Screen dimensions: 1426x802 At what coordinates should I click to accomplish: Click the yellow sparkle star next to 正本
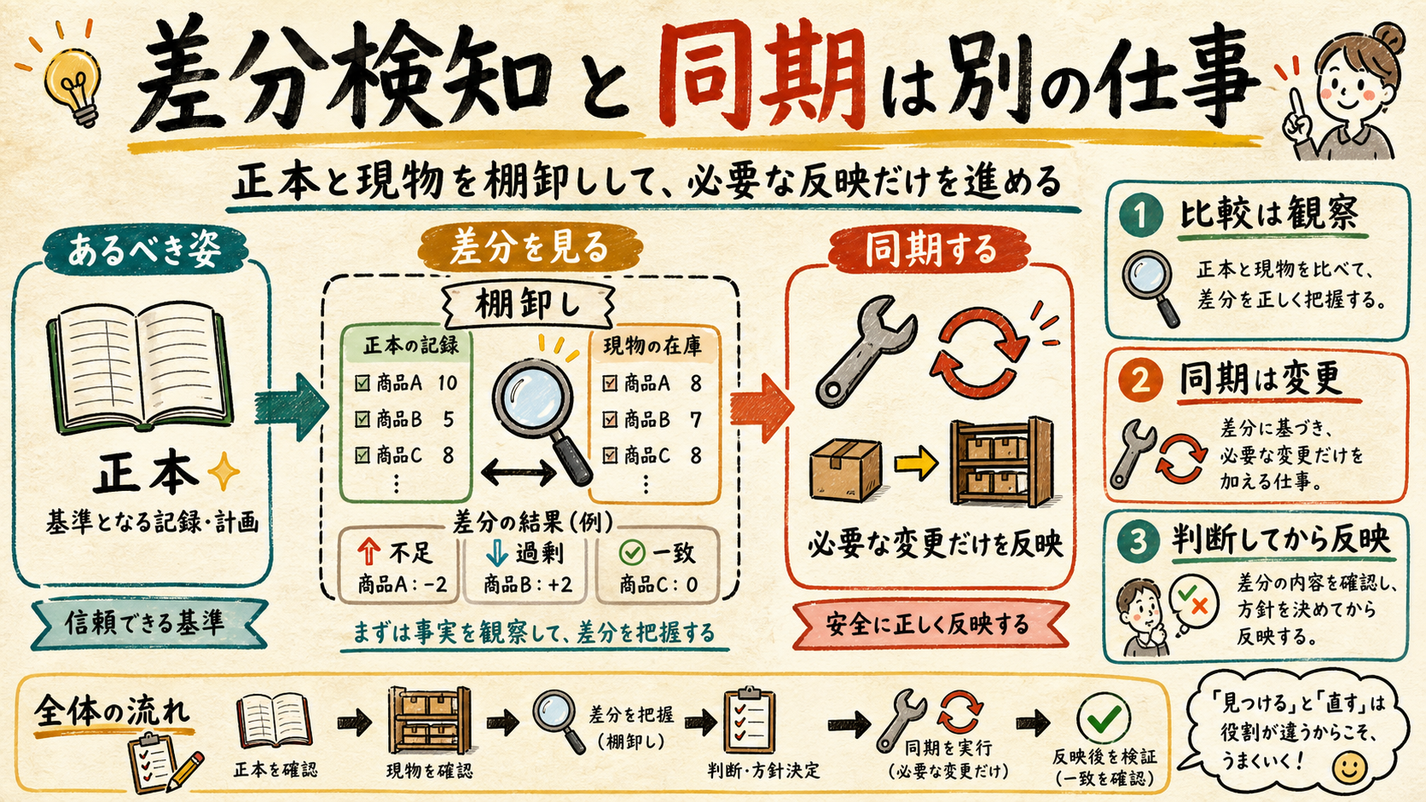[224, 471]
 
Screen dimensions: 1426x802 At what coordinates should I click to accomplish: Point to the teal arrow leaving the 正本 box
[290, 407]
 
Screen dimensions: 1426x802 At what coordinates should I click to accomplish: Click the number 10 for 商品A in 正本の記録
[447, 383]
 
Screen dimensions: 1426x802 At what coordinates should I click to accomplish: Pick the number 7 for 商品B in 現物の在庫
[695, 419]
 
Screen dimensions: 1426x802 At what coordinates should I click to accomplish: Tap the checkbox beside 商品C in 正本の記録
[362, 455]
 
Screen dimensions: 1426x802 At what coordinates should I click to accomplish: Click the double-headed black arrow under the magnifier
[519, 471]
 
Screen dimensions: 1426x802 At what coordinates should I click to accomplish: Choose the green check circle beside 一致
[632, 552]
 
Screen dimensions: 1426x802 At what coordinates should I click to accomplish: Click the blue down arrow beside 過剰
[496, 552]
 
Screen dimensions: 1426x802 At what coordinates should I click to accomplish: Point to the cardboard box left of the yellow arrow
[846, 470]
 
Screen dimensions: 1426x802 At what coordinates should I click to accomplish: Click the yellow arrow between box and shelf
[915, 463]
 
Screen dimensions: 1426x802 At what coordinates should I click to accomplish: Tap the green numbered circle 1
[1140, 214]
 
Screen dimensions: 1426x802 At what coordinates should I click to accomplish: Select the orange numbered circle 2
[1139, 380]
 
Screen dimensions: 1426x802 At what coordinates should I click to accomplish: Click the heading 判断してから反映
[1281, 540]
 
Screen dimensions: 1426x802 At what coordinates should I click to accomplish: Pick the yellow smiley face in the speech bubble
[1349, 768]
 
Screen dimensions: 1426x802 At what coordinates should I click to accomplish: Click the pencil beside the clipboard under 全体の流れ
[185, 771]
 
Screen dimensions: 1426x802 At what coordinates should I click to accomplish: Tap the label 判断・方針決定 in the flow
[763, 770]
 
